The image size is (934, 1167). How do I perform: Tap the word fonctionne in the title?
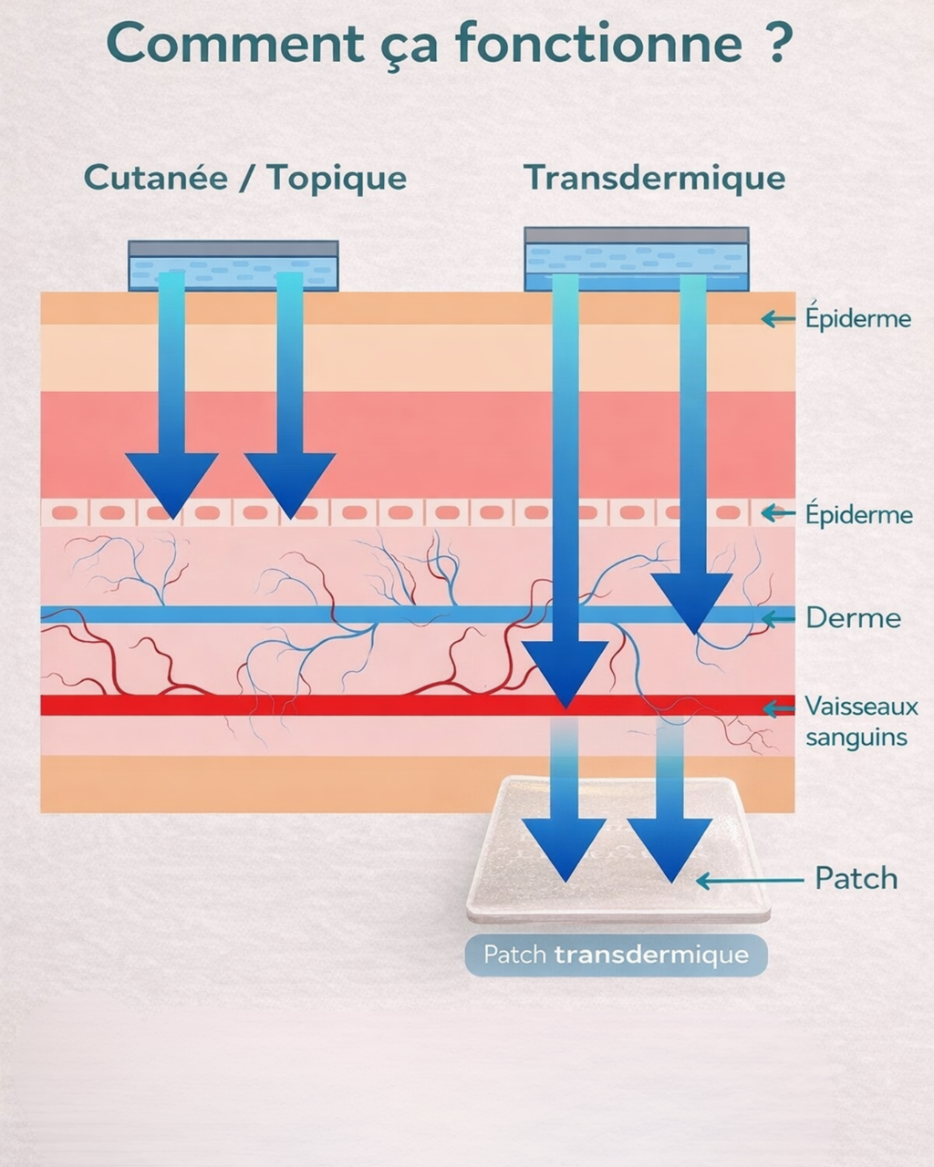(598, 42)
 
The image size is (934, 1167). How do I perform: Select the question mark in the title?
(777, 42)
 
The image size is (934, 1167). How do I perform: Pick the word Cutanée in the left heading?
(155, 177)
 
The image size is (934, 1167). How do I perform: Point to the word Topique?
(337, 179)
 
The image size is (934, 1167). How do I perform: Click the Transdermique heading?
(654, 178)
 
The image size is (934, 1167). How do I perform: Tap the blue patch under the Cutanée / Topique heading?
(233, 265)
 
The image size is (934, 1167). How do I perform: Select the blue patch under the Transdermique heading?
(636, 259)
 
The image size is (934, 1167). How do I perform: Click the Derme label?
(853, 618)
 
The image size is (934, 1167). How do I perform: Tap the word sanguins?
(856, 737)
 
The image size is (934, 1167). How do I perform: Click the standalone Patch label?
(856, 878)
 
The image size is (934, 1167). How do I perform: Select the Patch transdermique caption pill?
(616, 955)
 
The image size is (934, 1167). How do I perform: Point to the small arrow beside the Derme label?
(777, 619)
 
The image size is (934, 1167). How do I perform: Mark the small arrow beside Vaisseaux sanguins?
(777, 708)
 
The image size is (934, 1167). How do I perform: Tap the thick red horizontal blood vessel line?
(274, 705)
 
